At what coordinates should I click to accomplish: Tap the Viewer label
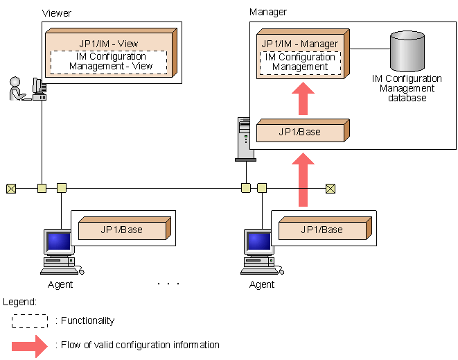56,13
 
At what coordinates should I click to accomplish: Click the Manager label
267,12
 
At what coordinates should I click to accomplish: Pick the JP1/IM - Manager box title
300,44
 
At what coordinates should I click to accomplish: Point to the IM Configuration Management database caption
407,88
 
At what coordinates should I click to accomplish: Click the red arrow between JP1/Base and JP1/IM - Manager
302,99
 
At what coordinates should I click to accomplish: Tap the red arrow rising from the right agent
302,180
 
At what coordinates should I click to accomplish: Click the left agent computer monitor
58,242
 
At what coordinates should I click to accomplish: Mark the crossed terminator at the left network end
11,187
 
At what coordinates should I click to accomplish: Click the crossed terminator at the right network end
331,187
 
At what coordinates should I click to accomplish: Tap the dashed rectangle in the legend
29,320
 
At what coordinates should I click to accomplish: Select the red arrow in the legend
30,345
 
